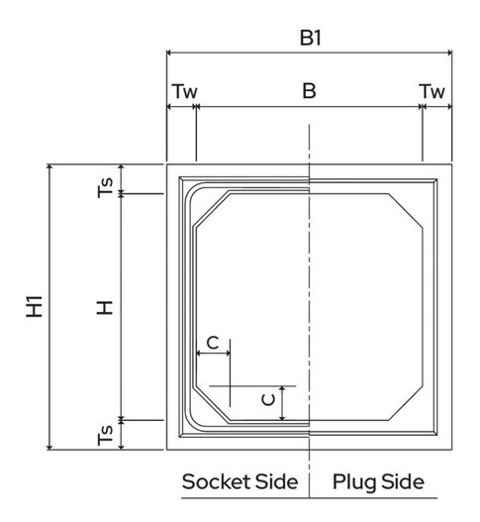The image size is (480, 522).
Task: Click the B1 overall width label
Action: (311, 37)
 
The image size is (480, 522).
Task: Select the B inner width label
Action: (309, 91)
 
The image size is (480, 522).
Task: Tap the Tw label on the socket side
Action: (184, 91)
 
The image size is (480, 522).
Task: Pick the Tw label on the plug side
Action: (432, 91)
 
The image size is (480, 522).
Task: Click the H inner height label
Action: (103, 307)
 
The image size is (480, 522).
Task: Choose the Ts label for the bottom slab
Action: (104, 433)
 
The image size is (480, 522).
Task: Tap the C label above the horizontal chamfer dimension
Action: (212, 342)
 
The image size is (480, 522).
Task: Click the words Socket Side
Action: (240, 482)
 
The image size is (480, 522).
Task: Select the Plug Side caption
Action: (378, 482)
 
